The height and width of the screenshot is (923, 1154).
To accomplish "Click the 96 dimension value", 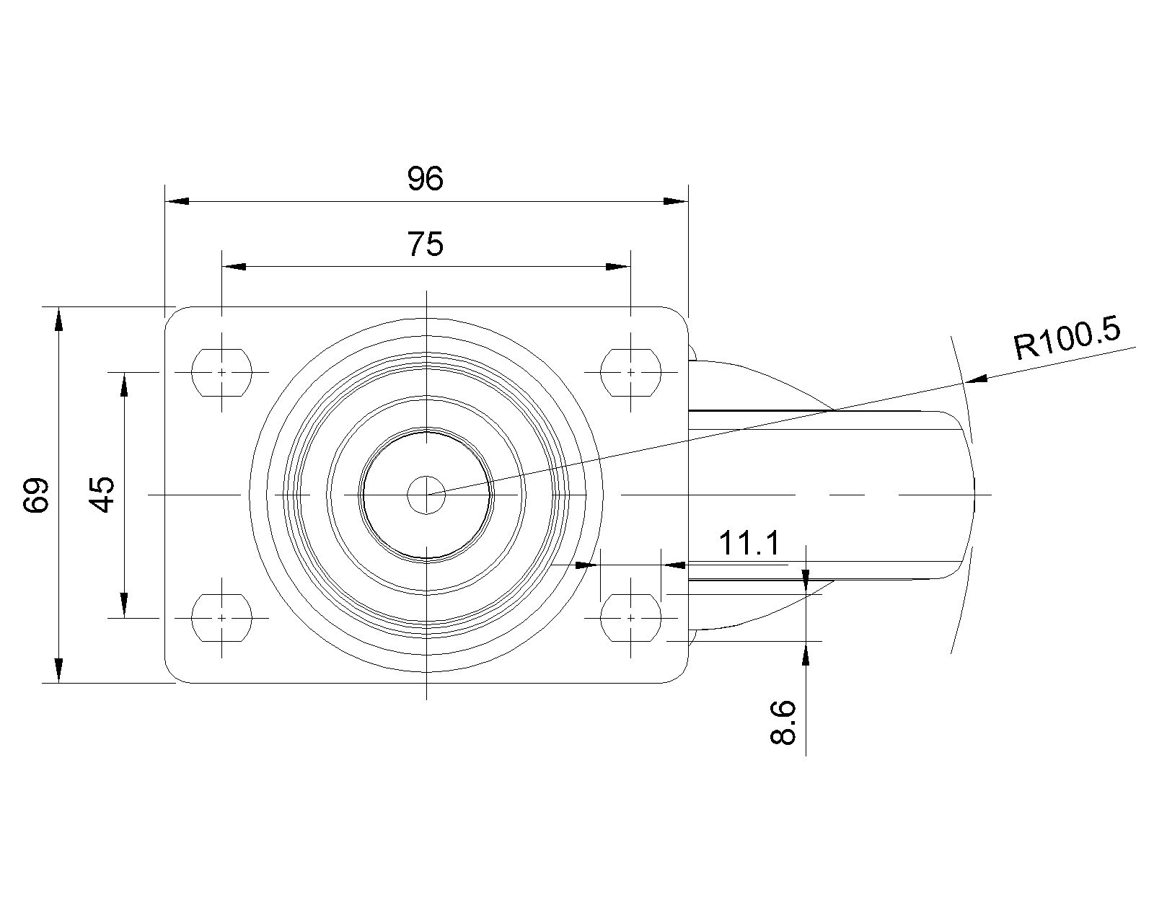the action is pyautogui.click(x=426, y=179).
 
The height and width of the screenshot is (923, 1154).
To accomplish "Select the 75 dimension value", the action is pyautogui.click(x=426, y=244).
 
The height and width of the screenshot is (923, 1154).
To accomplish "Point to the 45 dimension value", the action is pyautogui.click(x=102, y=495).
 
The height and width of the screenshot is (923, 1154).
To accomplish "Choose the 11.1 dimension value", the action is pyautogui.click(x=749, y=543).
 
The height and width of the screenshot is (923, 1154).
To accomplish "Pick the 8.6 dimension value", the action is pyautogui.click(x=783, y=723).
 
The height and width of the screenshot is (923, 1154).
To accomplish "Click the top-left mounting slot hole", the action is pyautogui.click(x=221, y=372).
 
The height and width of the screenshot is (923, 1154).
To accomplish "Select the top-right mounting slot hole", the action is pyautogui.click(x=630, y=372).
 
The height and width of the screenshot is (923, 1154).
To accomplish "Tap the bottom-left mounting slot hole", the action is pyautogui.click(x=221, y=618).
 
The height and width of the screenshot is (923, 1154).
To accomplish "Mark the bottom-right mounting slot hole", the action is pyautogui.click(x=630, y=618).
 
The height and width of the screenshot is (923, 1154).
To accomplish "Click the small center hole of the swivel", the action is pyautogui.click(x=426, y=495).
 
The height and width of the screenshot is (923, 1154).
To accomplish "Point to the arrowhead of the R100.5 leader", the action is pyautogui.click(x=976, y=379).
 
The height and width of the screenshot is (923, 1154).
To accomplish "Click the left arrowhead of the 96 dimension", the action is pyautogui.click(x=177, y=202).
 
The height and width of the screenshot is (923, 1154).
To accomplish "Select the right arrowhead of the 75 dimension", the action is pyautogui.click(x=618, y=267).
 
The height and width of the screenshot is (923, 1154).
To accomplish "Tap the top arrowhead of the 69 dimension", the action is pyautogui.click(x=59, y=319).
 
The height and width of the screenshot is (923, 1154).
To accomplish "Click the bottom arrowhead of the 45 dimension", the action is pyautogui.click(x=124, y=605).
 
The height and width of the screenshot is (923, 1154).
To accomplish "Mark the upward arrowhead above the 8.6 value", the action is pyautogui.click(x=806, y=653).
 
